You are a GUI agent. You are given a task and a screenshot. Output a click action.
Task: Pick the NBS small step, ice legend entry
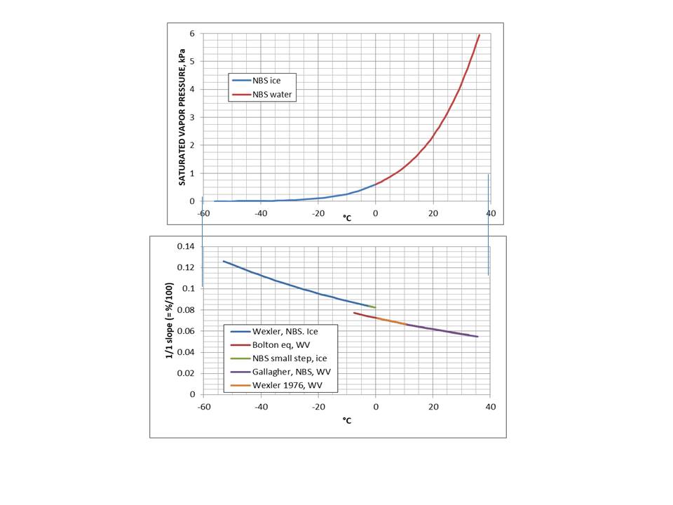(284, 358)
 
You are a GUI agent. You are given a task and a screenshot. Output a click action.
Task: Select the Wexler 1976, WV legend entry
(280, 385)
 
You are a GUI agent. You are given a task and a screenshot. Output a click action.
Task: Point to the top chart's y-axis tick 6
(191, 34)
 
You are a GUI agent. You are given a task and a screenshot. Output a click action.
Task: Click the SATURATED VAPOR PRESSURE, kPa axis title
(181, 117)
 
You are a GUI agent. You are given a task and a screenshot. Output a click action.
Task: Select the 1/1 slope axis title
(169, 320)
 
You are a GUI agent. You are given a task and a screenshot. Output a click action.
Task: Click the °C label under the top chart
(346, 218)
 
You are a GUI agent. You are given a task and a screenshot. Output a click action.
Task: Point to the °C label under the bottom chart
(346, 420)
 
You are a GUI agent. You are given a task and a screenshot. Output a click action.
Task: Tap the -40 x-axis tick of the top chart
(260, 213)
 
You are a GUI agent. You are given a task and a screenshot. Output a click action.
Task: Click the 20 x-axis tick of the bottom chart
(433, 407)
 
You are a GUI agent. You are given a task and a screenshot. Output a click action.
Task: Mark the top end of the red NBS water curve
(480, 34)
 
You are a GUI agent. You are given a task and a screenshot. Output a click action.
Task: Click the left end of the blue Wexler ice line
(223, 261)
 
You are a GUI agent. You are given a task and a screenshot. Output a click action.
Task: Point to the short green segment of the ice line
(373, 307)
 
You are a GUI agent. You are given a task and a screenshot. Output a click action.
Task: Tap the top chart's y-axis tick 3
(191, 117)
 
